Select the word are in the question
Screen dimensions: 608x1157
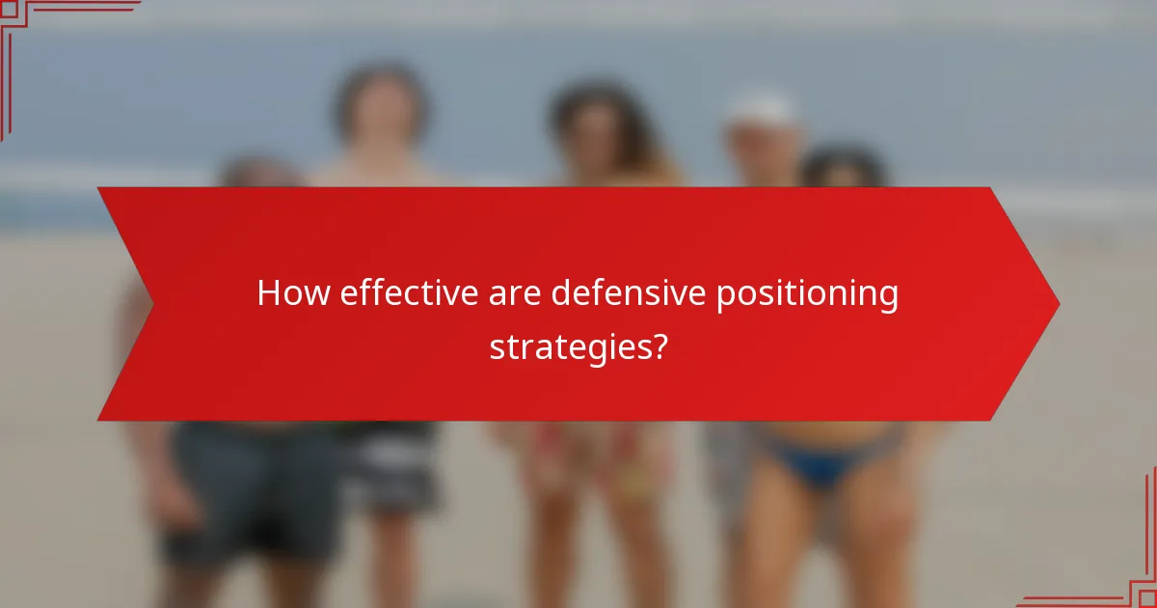[514, 294]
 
